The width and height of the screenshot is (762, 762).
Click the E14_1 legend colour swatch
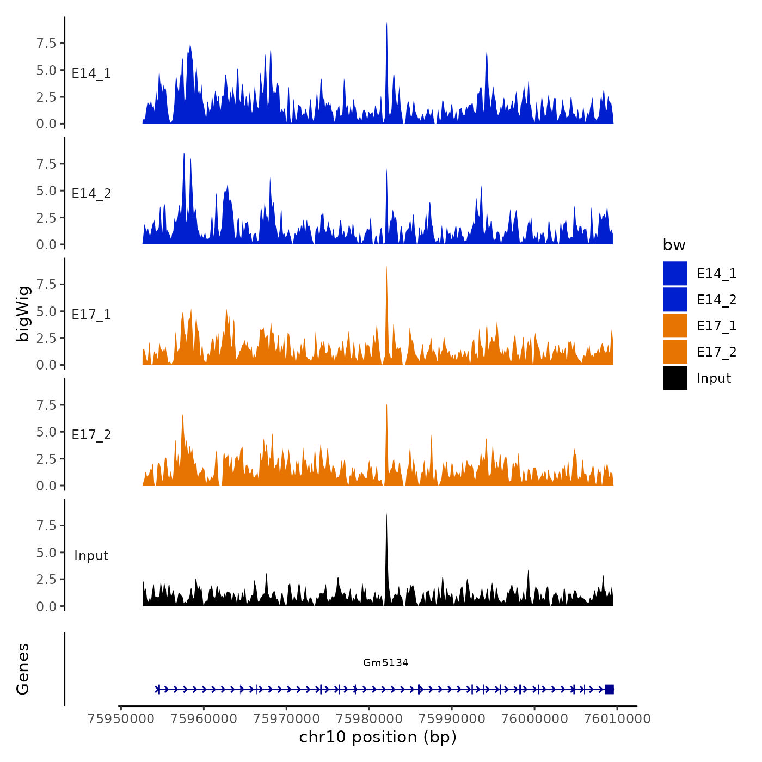pyautogui.click(x=675, y=273)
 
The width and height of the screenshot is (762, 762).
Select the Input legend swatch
pyautogui.click(x=675, y=378)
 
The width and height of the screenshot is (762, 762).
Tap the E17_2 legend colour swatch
pyautogui.click(x=675, y=352)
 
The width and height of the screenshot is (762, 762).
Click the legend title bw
pyautogui.click(x=674, y=245)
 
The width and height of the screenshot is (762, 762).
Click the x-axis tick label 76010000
pyautogui.click(x=617, y=718)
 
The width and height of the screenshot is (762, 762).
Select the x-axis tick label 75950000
pyautogui.click(x=121, y=718)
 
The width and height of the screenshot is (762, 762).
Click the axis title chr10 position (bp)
pyautogui.click(x=378, y=737)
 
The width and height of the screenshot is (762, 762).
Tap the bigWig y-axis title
pyautogui.click(x=23, y=313)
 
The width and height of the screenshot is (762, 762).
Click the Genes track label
pyautogui.click(x=23, y=669)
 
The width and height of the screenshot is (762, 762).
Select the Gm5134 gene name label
pyautogui.click(x=386, y=662)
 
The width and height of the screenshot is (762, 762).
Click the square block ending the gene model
pyautogui.click(x=609, y=689)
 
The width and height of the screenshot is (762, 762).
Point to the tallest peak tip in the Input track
pyautogui.click(x=386, y=514)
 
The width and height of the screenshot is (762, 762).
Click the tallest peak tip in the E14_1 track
pyautogui.click(x=386, y=23)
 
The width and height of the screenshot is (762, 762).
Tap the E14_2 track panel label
pyautogui.click(x=91, y=194)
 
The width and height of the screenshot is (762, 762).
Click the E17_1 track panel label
pyautogui.click(x=91, y=314)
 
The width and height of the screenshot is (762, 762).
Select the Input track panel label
pyautogui.click(x=91, y=556)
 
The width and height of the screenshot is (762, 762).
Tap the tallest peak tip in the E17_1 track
pyautogui.click(x=386, y=266)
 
